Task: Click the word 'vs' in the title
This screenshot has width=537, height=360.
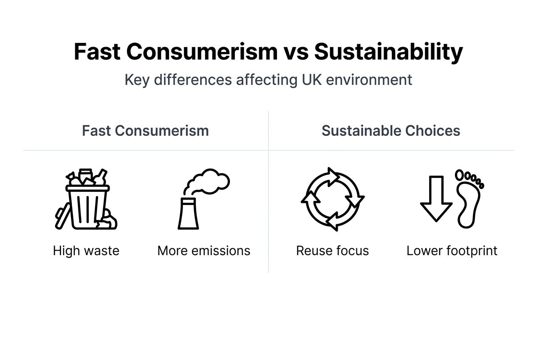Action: (x=296, y=52)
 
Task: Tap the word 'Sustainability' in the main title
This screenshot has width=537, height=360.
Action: (x=388, y=52)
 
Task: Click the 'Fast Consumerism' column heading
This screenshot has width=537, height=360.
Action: (x=145, y=131)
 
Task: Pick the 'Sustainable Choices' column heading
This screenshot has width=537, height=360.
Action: (x=391, y=131)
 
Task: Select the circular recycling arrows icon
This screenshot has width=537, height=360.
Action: (x=332, y=199)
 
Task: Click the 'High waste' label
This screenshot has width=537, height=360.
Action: (x=86, y=250)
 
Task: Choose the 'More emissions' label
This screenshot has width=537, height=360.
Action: (x=204, y=250)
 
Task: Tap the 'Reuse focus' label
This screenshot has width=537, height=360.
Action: (x=332, y=250)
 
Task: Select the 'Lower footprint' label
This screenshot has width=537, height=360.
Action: (x=452, y=250)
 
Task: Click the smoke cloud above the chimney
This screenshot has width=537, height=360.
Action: (x=210, y=180)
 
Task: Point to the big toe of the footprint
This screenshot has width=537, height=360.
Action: (x=460, y=175)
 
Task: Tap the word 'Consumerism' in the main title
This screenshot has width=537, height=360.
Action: (x=202, y=52)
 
